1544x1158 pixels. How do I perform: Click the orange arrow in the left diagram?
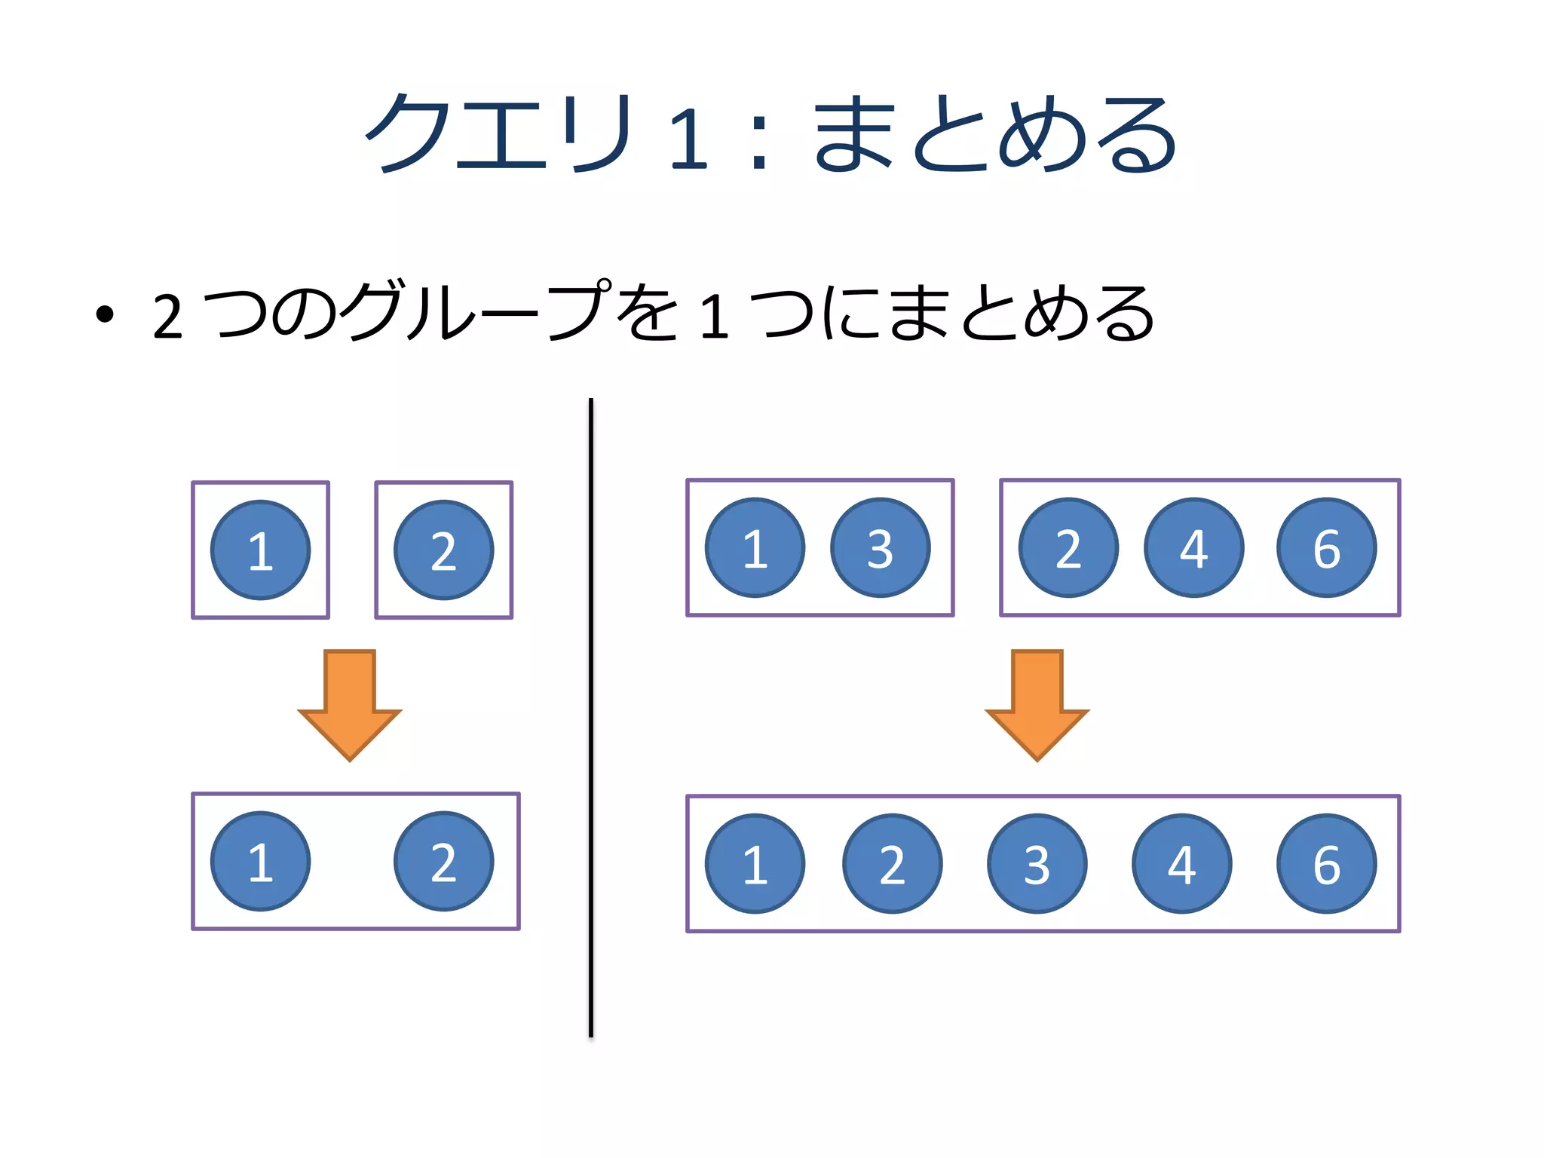click(350, 705)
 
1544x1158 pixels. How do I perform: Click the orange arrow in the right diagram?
click(1037, 705)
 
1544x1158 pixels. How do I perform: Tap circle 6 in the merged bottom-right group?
click(1326, 863)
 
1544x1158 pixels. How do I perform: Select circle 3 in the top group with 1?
click(880, 547)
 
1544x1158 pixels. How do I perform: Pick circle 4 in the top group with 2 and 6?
click(1193, 547)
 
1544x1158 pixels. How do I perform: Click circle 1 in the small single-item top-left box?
click(260, 550)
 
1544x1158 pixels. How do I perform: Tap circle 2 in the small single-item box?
click(443, 550)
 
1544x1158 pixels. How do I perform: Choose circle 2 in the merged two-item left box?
click(443, 861)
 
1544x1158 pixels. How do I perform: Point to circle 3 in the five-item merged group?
click(1037, 863)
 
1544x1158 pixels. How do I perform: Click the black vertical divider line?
click(591, 716)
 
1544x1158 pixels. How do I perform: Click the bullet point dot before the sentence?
click(105, 314)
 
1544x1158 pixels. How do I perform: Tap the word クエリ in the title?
click(498, 134)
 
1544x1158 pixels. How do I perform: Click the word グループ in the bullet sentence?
click(475, 311)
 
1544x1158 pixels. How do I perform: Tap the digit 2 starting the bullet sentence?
click(167, 317)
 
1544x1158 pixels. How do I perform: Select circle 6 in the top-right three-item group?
click(1326, 547)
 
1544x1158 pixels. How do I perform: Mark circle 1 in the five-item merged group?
click(755, 863)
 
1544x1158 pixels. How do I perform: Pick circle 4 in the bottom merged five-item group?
click(1181, 863)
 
